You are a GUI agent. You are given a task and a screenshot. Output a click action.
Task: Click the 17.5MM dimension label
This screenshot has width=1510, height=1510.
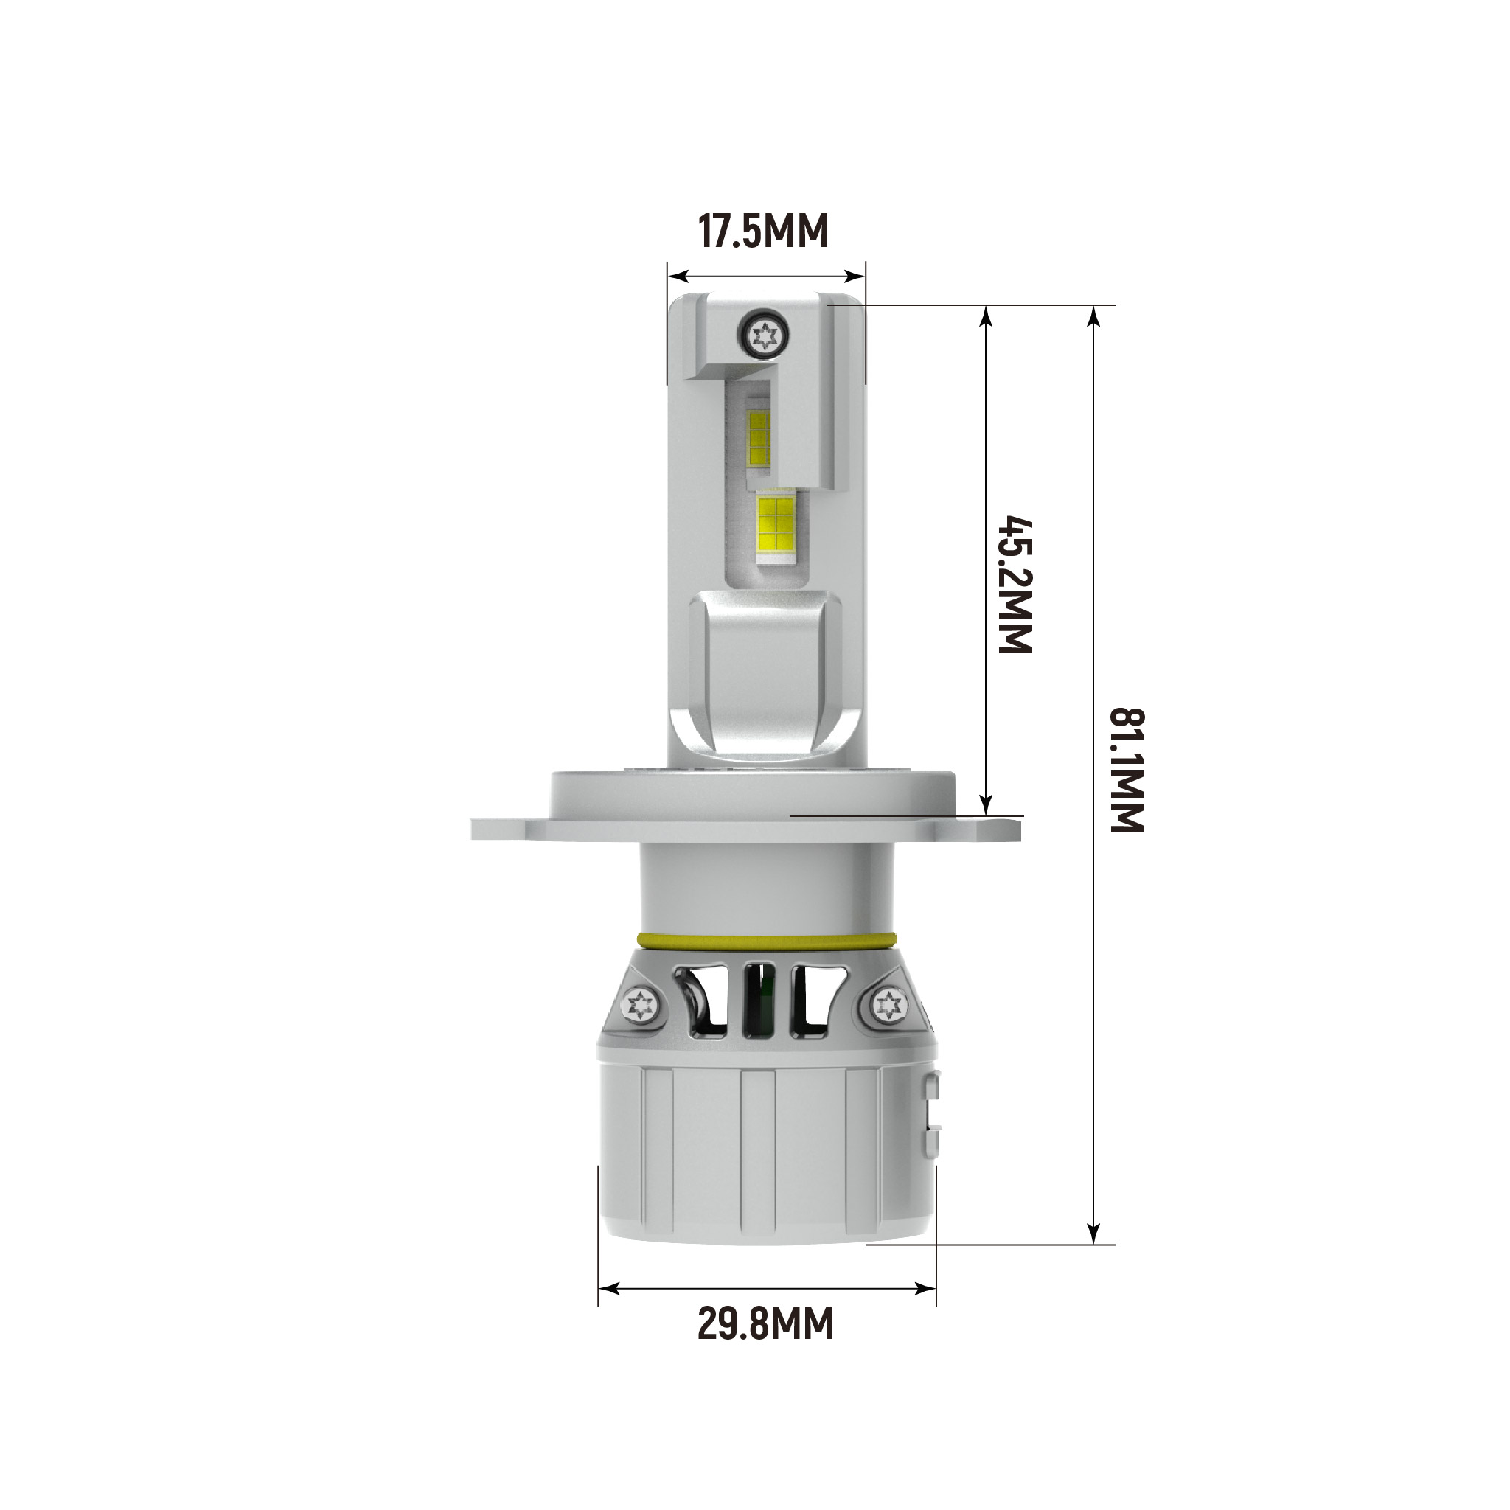pyautogui.click(x=762, y=232)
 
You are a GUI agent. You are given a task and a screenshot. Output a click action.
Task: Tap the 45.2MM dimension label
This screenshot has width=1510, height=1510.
pyautogui.click(x=1016, y=584)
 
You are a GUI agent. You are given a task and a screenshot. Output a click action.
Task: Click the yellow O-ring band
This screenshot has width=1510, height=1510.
pyautogui.click(x=765, y=939)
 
